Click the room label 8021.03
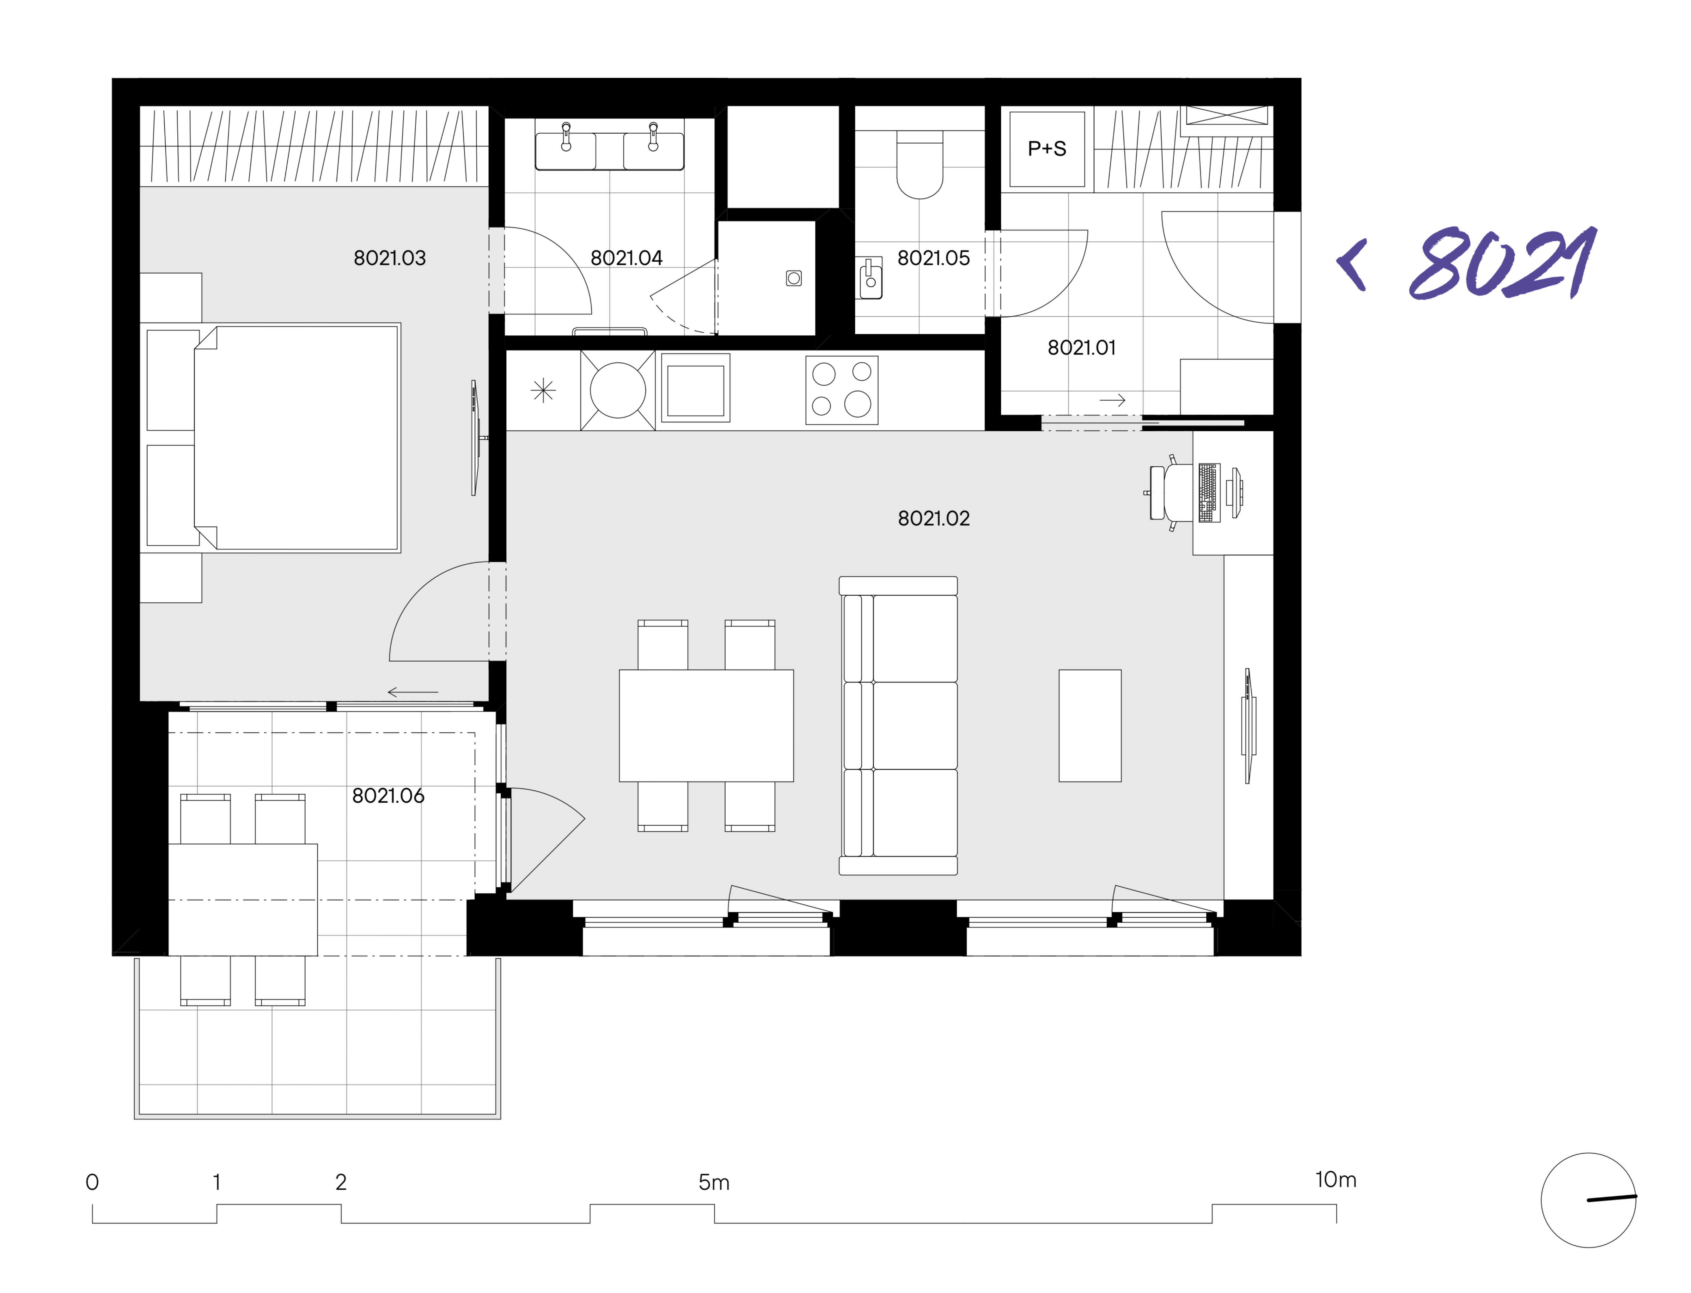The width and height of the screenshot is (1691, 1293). pos(389,258)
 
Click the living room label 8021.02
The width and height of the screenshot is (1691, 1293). pos(934,519)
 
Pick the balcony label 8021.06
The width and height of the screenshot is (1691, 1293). pos(388,796)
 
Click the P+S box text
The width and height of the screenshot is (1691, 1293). pos(1047,149)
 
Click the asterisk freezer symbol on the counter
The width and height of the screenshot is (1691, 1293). pos(543,390)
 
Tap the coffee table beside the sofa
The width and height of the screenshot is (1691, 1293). pos(1090,726)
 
